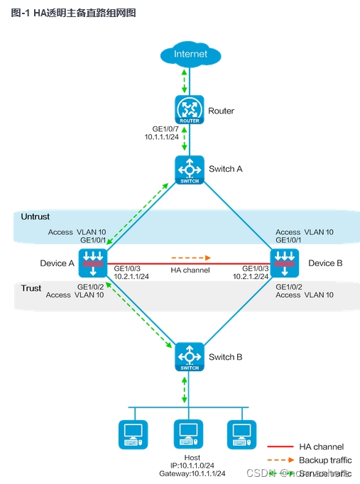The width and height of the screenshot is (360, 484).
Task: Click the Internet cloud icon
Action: pos(190,54)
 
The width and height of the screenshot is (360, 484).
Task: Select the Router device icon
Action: pos(190,110)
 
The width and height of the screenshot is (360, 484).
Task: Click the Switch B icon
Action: pos(190,356)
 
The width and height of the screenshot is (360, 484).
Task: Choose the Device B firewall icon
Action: pos(285,263)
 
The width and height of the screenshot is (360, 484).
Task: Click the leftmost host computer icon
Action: pos(133,434)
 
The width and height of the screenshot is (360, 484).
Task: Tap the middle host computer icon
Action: pos(188,434)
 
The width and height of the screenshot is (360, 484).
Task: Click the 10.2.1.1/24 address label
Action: pos(131,277)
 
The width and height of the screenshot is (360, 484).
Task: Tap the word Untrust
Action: pos(36,216)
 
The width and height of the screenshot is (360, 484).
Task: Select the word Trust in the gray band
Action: pos(31,288)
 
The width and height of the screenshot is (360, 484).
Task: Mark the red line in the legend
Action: pos(280,447)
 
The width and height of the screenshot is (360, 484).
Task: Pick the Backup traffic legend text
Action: pos(324,460)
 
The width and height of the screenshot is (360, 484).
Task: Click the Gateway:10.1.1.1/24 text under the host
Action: pos(192,473)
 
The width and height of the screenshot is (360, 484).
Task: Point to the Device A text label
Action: pos(57,263)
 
